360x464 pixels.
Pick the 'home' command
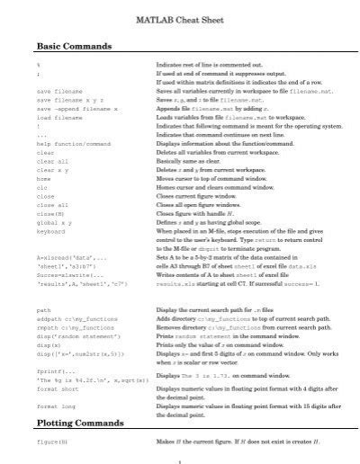(44, 178)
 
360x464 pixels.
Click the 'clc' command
(42, 187)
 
